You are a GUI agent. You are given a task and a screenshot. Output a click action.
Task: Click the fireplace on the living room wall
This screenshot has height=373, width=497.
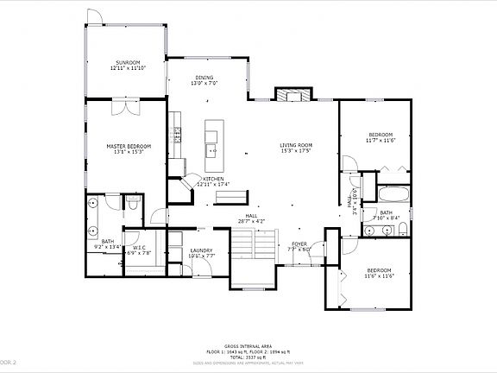[x=291, y=94]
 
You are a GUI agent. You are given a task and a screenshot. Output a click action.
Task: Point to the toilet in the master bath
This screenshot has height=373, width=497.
[x=131, y=203]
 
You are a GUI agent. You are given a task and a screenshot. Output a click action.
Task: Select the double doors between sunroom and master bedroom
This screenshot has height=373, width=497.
[x=126, y=107]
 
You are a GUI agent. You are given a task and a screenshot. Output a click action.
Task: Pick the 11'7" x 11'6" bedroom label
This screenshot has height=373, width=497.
[x=381, y=137]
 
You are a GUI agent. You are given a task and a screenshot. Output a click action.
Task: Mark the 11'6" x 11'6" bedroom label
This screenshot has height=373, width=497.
[x=378, y=273]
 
